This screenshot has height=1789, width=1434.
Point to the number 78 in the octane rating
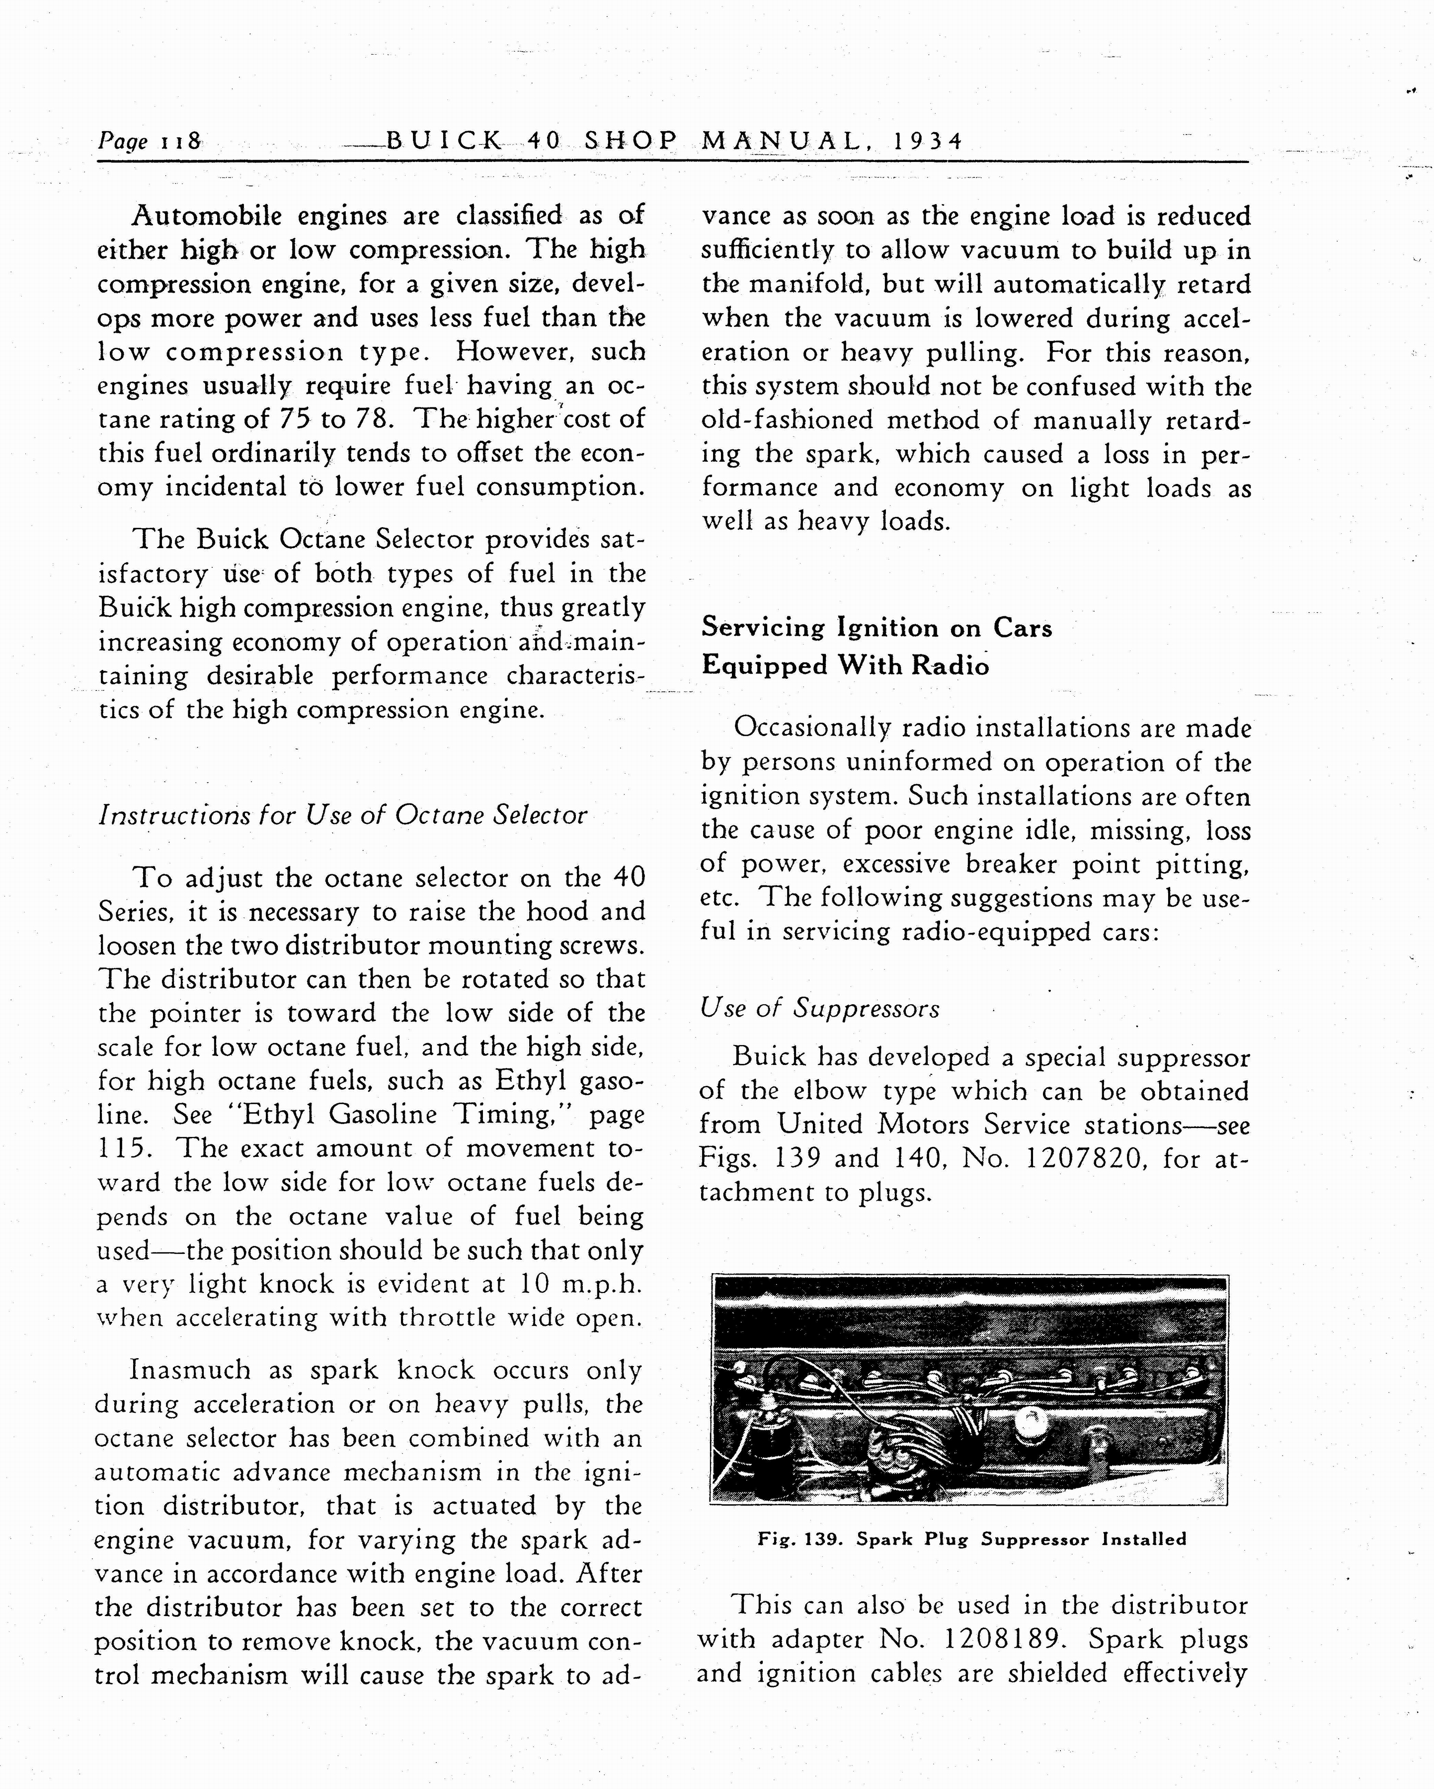373,418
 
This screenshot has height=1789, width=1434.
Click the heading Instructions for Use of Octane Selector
342,815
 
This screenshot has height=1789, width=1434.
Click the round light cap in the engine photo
1030,1426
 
